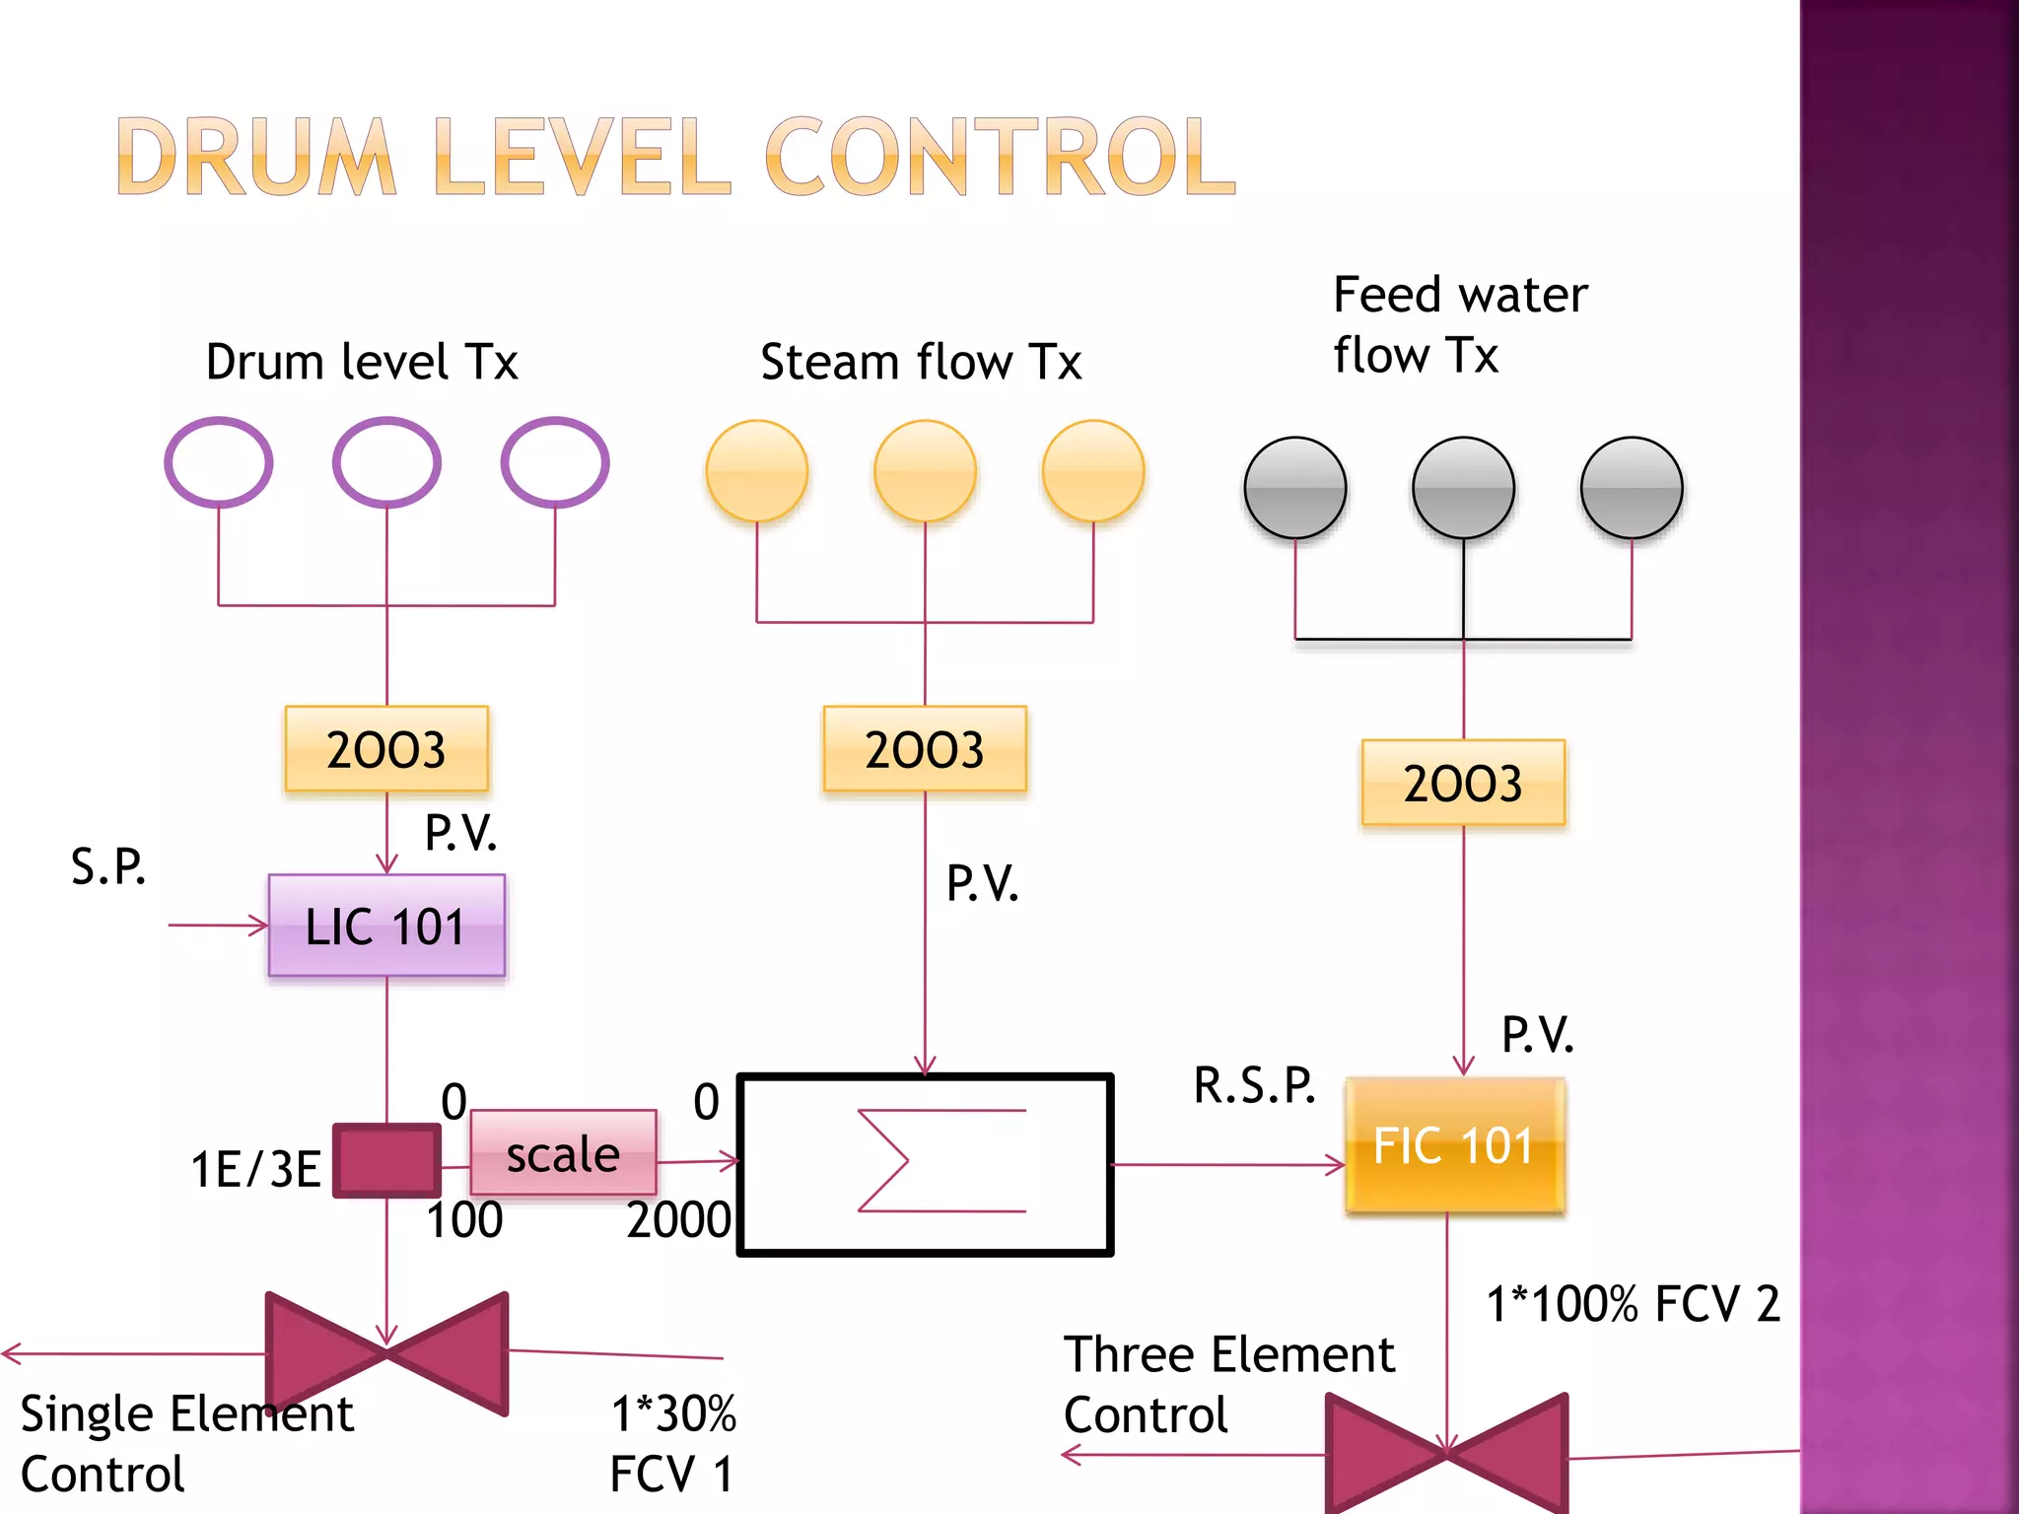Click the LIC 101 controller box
pyautogui.click(x=386, y=926)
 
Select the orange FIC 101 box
pyautogui.click(x=1455, y=1145)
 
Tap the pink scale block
pyautogui.click(x=563, y=1153)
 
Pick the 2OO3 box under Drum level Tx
pyautogui.click(x=386, y=749)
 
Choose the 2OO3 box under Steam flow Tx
pyautogui.click(x=925, y=749)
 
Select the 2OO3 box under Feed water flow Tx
pyautogui.click(x=1463, y=783)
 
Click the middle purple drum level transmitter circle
pyautogui.click(x=386, y=462)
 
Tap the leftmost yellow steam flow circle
pyautogui.click(x=757, y=471)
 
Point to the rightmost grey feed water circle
pyautogui.click(x=1632, y=488)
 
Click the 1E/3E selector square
pyautogui.click(x=386, y=1161)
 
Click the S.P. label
pyautogui.click(x=108, y=866)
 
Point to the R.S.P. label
pyautogui.click(x=1254, y=1085)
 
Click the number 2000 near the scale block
pyautogui.click(x=678, y=1220)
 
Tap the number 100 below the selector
pyautogui.click(x=464, y=1220)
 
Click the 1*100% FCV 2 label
pyautogui.click(x=1633, y=1304)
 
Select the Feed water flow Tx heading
pyautogui.click(x=1459, y=324)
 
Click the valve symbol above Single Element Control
pyautogui.click(x=386, y=1354)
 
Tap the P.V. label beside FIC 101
pyautogui.click(x=1537, y=1035)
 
